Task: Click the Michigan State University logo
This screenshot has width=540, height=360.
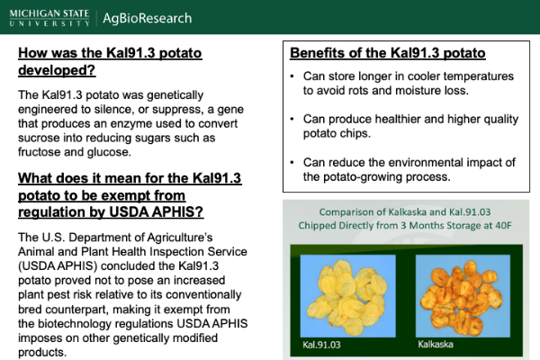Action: pos(49,18)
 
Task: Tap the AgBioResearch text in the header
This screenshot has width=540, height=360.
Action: pos(147,18)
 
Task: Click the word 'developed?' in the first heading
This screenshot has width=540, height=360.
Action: pos(57,70)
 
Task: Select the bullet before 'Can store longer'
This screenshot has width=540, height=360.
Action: pos(292,76)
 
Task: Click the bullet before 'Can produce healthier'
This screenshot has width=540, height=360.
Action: pos(292,119)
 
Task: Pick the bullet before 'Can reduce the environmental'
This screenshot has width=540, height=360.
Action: pos(292,162)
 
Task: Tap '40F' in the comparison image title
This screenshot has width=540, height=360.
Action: pos(503,225)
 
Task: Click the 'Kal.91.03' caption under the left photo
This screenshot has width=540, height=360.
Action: pos(321,345)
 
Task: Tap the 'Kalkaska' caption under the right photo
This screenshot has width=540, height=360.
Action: pos(436,344)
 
